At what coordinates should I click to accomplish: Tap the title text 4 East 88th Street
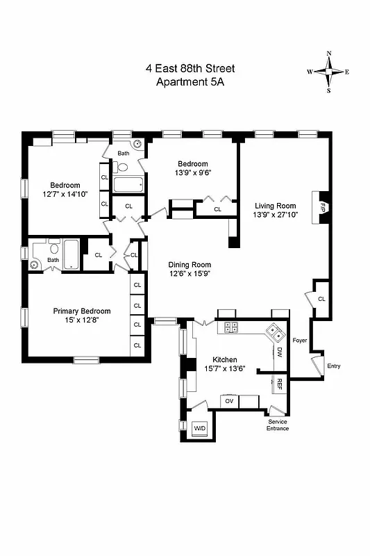pyautogui.click(x=190, y=68)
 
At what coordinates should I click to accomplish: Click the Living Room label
pyautogui.click(x=275, y=206)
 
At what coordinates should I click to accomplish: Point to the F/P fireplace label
pyautogui.click(x=323, y=206)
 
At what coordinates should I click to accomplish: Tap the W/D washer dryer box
pyautogui.click(x=200, y=427)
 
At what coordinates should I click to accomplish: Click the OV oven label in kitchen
pyautogui.click(x=228, y=400)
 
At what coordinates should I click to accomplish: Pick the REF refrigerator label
pyautogui.click(x=279, y=383)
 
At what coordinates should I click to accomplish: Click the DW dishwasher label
pyautogui.click(x=279, y=353)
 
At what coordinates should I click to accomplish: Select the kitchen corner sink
pyautogui.click(x=275, y=332)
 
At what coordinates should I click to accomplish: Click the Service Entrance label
pyautogui.click(x=278, y=425)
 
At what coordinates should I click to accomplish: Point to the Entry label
pyautogui.click(x=334, y=366)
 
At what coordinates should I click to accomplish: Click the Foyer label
pyautogui.click(x=299, y=341)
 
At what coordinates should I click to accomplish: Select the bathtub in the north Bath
pyautogui.click(x=128, y=185)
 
